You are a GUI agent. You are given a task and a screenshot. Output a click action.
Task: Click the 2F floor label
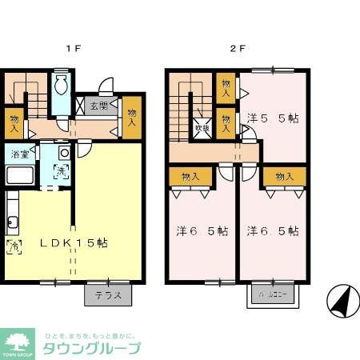238,48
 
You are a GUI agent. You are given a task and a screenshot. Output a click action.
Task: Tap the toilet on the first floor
61,86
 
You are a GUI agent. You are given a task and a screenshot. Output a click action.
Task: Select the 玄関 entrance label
99,106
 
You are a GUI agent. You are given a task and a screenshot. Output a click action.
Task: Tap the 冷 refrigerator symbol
13,246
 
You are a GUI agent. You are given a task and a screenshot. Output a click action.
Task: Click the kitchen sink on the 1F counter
11,222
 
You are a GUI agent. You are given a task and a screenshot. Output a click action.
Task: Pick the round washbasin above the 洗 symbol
63,151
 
